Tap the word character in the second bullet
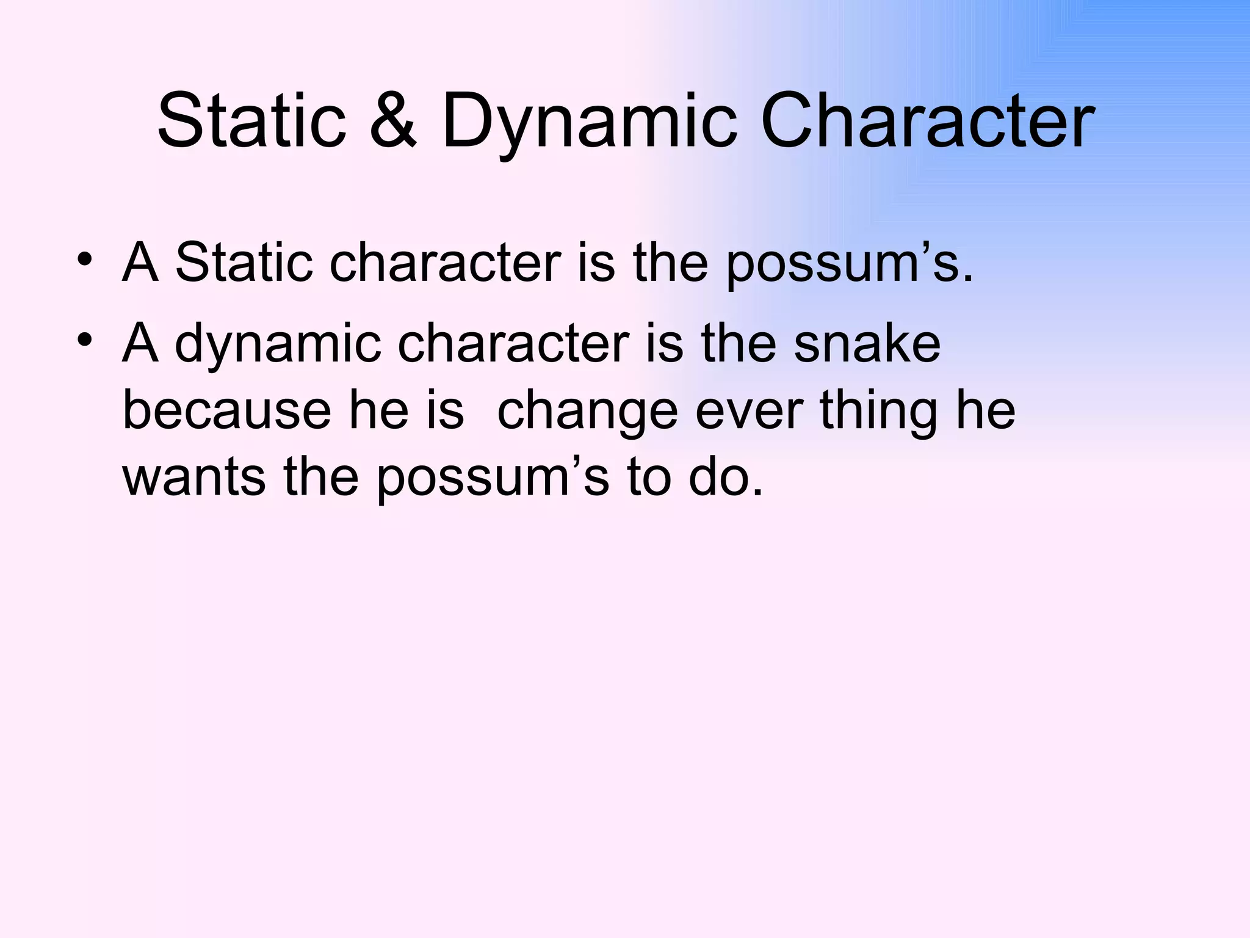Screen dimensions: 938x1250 [513, 343]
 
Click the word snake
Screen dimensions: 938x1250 [867, 343]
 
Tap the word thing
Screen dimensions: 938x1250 [878, 411]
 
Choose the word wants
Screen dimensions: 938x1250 [194, 478]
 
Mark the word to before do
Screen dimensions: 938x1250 [649, 478]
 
